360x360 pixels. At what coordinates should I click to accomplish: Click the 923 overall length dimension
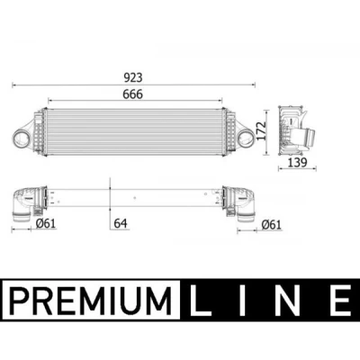pyautogui.click(x=133, y=77)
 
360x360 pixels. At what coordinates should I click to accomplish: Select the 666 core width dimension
pyautogui.click(x=133, y=94)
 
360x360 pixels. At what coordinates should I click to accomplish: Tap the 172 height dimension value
pyautogui.click(x=262, y=130)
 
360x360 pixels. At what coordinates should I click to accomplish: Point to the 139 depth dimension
pyautogui.click(x=298, y=163)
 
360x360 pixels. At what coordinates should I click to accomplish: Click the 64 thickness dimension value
pyautogui.click(x=121, y=223)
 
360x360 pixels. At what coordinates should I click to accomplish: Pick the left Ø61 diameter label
pyautogui.click(x=46, y=223)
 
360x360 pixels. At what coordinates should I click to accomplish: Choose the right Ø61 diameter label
pyautogui.click(x=271, y=225)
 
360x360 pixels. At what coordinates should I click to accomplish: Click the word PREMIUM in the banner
pyautogui.click(x=90, y=300)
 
